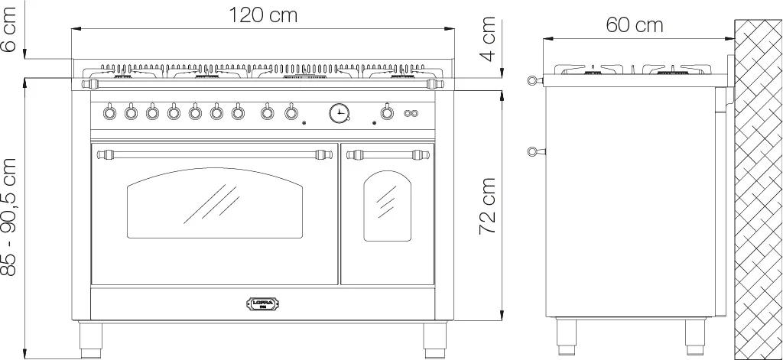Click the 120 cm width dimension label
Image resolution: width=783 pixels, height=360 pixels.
(263, 15)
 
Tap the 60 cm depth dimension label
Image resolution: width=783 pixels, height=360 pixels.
(634, 25)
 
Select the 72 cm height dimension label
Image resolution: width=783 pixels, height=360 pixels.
(487, 206)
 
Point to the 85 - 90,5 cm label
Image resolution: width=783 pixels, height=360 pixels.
(9, 217)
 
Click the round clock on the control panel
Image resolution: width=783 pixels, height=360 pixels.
(340, 112)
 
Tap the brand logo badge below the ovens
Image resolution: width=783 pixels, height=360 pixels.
(263, 303)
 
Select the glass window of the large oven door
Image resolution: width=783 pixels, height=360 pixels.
(215, 203)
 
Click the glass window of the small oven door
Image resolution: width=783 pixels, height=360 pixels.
(388, 206)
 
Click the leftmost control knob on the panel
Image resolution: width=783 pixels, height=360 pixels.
(109, 112)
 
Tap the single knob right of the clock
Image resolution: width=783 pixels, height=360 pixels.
(386, 112)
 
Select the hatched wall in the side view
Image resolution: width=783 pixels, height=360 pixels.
(759, 190)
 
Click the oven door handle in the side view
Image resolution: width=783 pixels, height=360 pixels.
(537, 151)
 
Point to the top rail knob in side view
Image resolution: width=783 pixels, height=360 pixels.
(534, 80)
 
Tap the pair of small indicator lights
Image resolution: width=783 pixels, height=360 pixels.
(411, 113)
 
